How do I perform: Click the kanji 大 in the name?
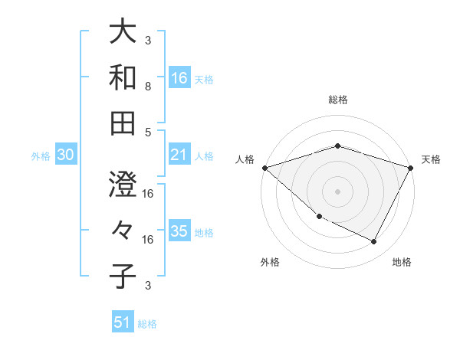pyautogui.click(x=123, y=33)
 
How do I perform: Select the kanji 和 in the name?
pyautogui.click(x=123, y=77)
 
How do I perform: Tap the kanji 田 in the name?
pyautogui.click(x=123, y=122)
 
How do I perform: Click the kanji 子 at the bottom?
pyautogui.click(x=123, y=277)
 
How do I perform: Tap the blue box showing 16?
pyautogui.click(x=179, y=77)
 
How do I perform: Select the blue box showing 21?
pyautogui.click(x=179, y=155)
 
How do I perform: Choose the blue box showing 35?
pyautogui.click(x=179, y=231)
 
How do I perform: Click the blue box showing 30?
pyautogui.click(x=66, y=155)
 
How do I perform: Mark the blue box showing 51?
pyautogui.click(x=123, y=322)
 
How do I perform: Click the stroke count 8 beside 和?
pyautogui.click(x=148, y=87)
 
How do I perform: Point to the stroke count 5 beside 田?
pyautogui.click(x=148, y=133)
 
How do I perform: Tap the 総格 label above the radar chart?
pyautogui.click(x=337, y=100)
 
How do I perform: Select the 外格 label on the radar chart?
pyautogui.click(x=270, y=263)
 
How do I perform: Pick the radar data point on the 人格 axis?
pyautogui.click(x=264, y=167)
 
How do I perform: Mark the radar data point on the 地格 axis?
pyautogui.click(x=374, y=242)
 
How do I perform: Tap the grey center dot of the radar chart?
pyautogui.click(x=337, y=191)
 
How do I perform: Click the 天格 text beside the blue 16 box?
pyautogui.click(x=204, y=79)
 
